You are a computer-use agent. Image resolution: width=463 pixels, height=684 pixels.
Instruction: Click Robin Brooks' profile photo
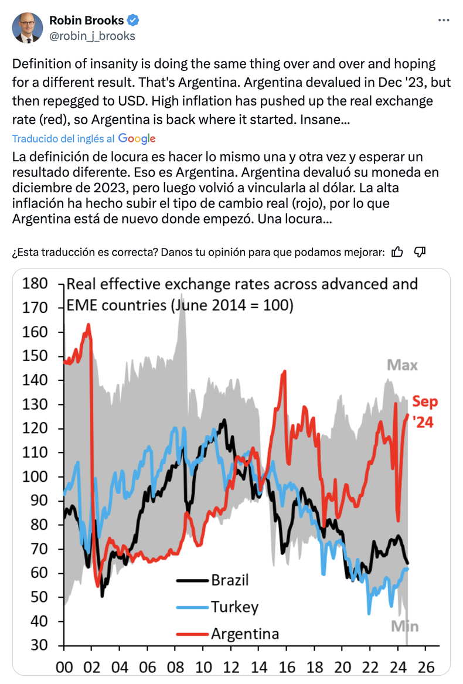point(28,28)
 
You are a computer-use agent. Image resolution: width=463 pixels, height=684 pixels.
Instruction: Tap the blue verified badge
point(134,21)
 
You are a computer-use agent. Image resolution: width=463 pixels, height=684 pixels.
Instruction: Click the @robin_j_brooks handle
point(92,36)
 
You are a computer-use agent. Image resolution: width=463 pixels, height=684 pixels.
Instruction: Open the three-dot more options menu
point(444,21)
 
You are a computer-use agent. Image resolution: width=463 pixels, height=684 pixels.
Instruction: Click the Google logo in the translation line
point(137,138)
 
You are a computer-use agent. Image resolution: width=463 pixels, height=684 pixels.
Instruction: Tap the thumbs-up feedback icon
point(397,252)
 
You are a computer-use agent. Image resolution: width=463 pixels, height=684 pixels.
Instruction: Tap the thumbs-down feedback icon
point(419,252)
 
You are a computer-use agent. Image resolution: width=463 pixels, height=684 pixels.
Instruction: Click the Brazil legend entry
point(230,580)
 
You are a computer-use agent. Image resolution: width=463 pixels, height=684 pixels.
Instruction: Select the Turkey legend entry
point(234,607)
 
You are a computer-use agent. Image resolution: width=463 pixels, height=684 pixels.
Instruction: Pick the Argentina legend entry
point(244,634)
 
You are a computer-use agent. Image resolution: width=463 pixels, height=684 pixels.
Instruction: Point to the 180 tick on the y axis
point(35,284)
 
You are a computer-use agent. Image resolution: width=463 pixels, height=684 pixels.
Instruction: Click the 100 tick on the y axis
point(35,477)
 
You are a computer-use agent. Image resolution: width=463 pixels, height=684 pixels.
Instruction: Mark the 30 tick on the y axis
point(39,645)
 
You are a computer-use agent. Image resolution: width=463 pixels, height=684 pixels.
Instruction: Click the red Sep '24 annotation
point(424,411)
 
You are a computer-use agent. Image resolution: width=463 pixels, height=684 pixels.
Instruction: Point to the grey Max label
point(402,366)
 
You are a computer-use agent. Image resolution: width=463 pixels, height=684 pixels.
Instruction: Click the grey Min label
point(405,626)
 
